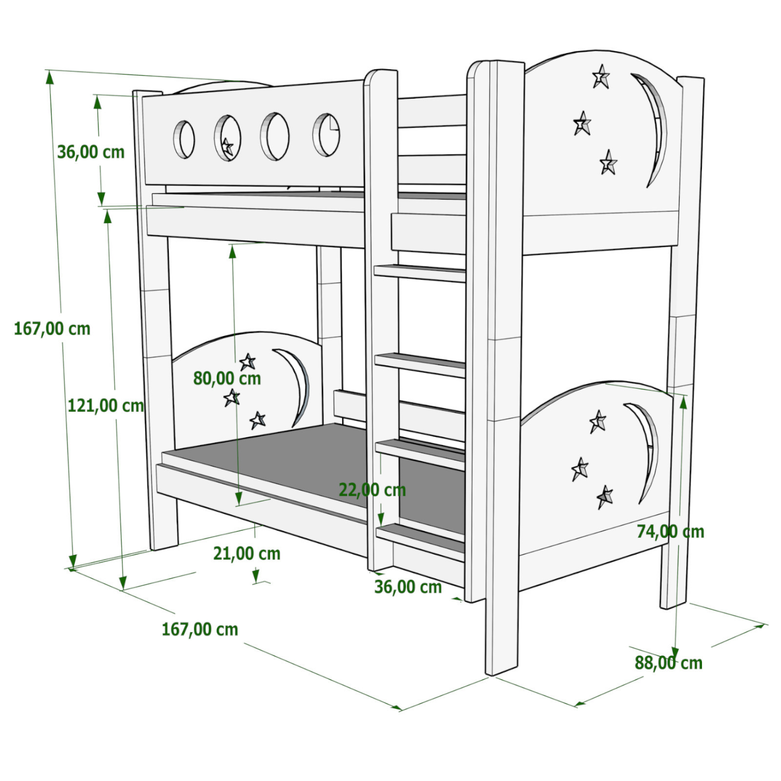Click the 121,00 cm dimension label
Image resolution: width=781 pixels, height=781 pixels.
(x=105, y=406)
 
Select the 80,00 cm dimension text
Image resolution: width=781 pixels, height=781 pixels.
(x=227, y=378)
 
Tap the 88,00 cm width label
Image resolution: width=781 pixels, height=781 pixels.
(x=668, y=663)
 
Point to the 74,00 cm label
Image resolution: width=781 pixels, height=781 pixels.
(x=670, y=532)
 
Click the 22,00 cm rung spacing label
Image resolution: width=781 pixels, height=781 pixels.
(x=372, y=490)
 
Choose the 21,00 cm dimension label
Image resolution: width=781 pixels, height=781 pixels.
(x=247, y=554)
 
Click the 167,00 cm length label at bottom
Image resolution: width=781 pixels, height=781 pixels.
(x=200, y=629)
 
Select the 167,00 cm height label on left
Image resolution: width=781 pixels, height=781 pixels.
(x=52, y=329)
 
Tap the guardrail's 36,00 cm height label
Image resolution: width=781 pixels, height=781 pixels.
(x=91, y=152)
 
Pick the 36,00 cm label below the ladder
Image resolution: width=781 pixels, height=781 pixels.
(x=408, y=587)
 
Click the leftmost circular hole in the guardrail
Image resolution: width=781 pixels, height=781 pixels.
(x=184, y=139)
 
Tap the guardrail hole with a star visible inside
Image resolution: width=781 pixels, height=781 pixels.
(x=227, y=138)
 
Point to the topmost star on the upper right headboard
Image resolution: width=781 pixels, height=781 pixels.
(x=601, y=77)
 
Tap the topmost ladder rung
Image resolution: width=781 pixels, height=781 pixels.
(x=420, y=273)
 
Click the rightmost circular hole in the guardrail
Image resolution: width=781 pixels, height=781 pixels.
(x=326, y=135)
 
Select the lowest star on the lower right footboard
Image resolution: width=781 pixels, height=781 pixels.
(x=605, y=497)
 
